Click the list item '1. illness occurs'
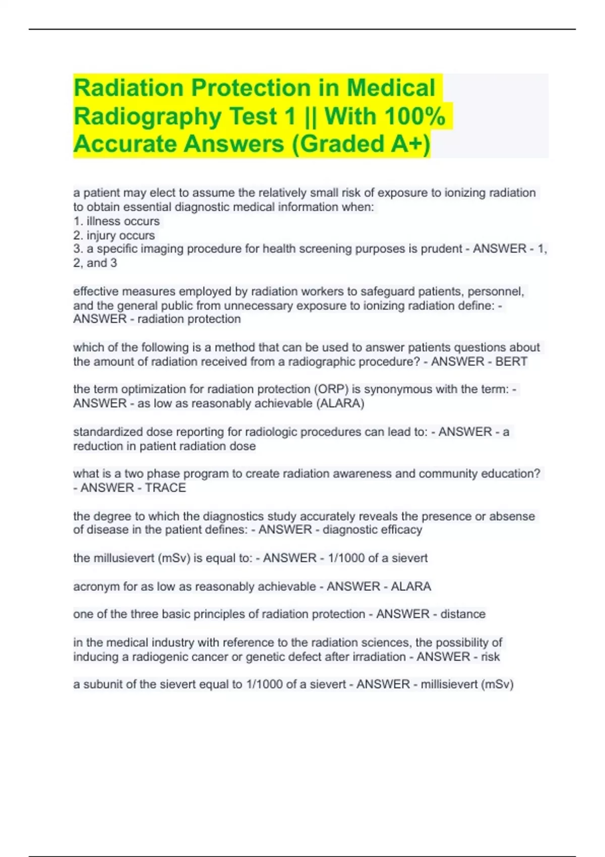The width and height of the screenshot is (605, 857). pos(116,221)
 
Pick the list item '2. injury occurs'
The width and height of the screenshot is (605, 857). pos(114,235)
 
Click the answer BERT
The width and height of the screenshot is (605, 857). pos(511,361)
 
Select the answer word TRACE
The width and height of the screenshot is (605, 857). pos(165,487)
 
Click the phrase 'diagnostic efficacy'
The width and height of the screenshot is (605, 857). pos(372,529)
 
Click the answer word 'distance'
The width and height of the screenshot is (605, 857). pos(463,614)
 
